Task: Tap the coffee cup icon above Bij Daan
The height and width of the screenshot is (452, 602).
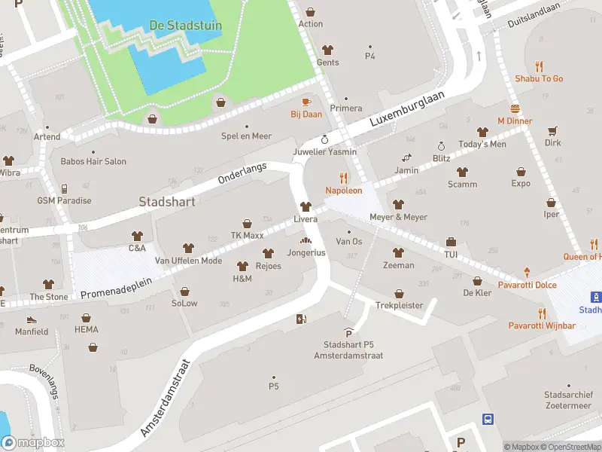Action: coord(306,101)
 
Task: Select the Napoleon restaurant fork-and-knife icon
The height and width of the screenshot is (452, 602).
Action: coord(344,178)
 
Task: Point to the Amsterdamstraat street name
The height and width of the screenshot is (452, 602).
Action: coord(167,397)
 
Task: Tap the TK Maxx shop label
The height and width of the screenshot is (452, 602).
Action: coord(247,236)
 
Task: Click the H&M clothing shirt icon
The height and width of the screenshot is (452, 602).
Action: coord(242,266)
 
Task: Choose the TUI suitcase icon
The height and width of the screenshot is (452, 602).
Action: coord(451,242)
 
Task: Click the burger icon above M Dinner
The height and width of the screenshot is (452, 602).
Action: coord(515,108)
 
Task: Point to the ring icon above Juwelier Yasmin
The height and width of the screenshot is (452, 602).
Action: coord(325,139)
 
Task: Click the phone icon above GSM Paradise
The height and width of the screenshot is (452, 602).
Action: coord(65,188)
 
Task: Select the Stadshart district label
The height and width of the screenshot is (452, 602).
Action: coord(167,202)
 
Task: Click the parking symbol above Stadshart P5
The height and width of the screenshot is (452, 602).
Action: coord(348,332)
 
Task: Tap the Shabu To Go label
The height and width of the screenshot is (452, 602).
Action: coord(539,78)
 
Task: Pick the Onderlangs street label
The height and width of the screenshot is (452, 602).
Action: coord(242,174)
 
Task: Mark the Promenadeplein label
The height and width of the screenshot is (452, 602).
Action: coord(116,286)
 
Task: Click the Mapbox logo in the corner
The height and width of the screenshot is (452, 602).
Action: coord(34,443)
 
